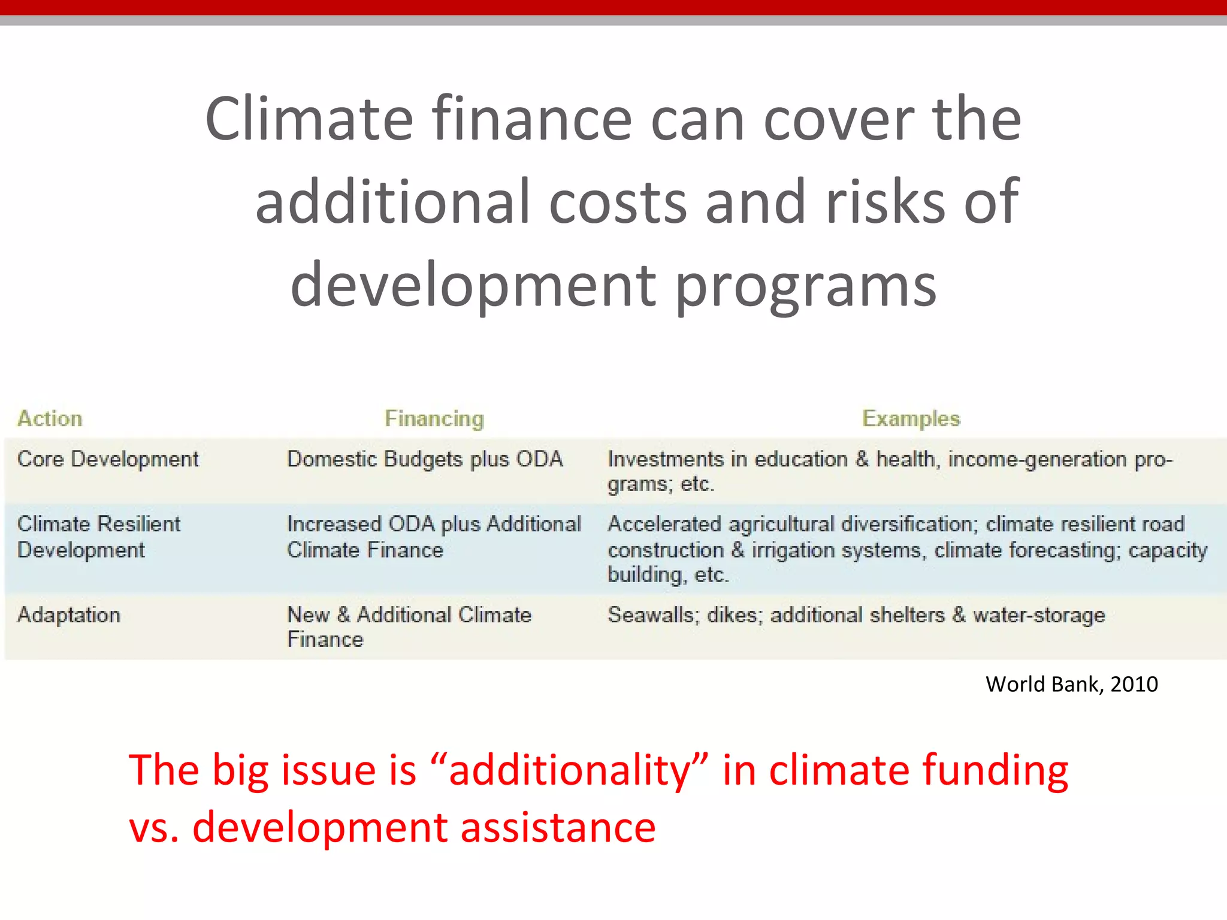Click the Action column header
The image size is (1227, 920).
coord(50,418)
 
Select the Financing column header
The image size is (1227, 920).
coord(434,418)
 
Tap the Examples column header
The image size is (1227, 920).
coord(911,418)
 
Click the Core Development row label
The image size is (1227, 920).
coord(108,459)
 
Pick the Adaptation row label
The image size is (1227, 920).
coord(69,615)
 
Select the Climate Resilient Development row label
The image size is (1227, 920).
coord(99,537)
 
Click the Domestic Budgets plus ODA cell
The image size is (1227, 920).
coord(425,459)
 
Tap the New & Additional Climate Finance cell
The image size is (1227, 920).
coord(409,627)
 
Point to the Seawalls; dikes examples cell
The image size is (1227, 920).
coord(856,615)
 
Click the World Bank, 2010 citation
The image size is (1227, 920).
coord(1071,684)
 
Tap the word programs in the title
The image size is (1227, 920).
coord(806,285)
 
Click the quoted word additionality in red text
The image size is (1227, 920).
coord(570,770)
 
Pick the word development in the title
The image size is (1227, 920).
coord(473,285)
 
